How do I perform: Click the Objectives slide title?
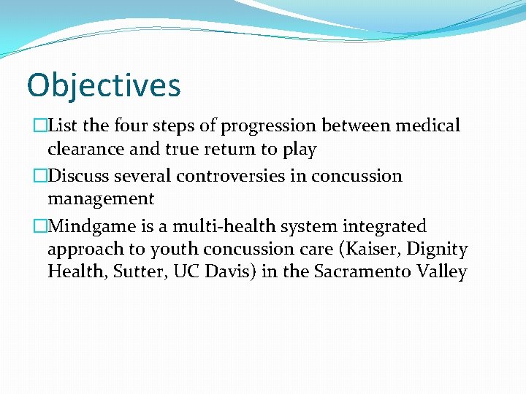point(103,85)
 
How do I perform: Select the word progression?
point(270,127)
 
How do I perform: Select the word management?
point(101,199)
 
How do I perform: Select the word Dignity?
point(437,250)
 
